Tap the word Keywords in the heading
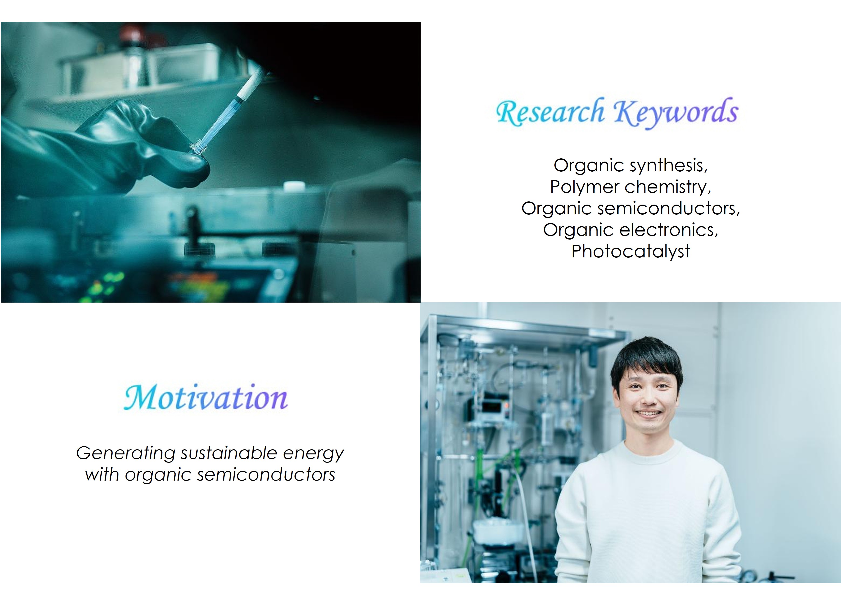676,112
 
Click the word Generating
126,453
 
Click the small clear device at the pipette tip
198,149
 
